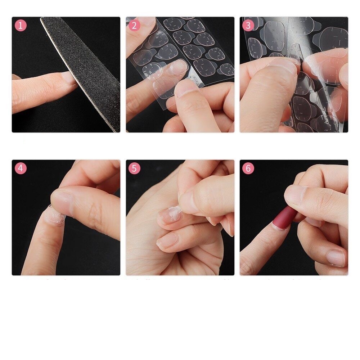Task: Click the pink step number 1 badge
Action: [x=21, y=25]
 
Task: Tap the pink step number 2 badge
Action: [x=134, y=25]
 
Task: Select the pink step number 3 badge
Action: [x=248, y=25]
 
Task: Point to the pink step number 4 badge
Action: [x=21, y=168]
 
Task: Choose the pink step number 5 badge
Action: [x=134, y=168]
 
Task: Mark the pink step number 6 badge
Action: [x=248, y=168]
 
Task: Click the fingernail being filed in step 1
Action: [x=68, y=78]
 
